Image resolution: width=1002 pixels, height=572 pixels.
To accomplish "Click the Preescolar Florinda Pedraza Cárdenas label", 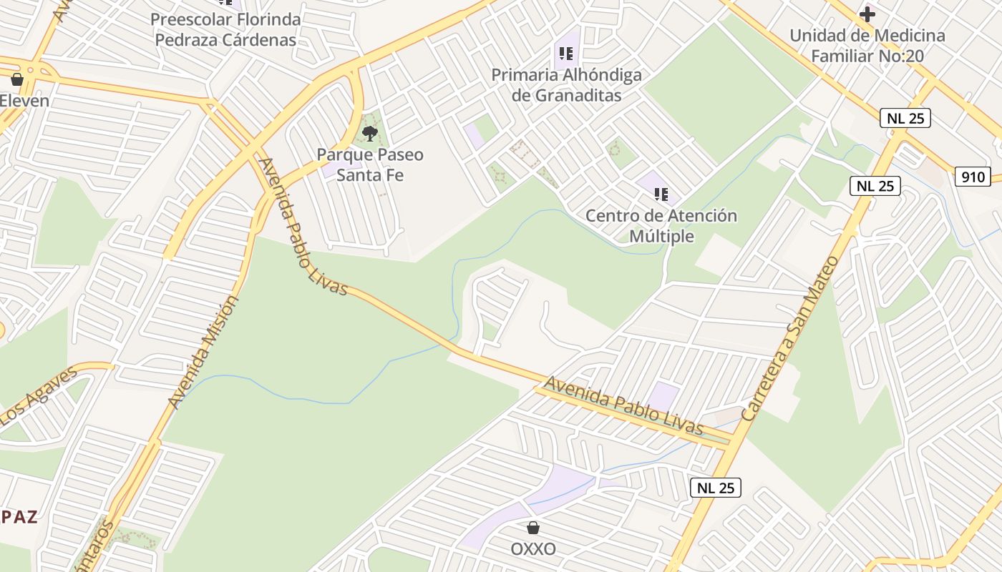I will tap(226, 29).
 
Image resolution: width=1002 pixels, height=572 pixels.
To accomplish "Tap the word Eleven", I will tap(24, 100).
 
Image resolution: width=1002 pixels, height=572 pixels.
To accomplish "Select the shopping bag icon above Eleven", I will tap(17, 79).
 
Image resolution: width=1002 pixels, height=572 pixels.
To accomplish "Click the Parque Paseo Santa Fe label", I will tap(370, 164).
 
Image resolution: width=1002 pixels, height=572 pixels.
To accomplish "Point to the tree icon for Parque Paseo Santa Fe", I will tap(370, 133).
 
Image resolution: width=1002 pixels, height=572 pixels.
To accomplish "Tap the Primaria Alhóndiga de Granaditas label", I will tap(566, 85).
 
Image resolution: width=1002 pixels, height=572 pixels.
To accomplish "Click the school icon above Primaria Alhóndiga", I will tap(566, 54).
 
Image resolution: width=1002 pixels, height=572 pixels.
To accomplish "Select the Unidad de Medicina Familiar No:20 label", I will tap(867, 45).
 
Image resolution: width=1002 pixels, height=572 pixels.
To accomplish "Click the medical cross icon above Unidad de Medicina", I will tap(867, 14).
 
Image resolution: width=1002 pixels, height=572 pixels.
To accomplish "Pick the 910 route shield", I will tap(973, 177).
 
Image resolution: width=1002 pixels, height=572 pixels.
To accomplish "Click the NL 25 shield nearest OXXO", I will tap(716, 488).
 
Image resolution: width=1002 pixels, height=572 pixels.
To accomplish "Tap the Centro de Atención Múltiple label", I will tap(661, 225).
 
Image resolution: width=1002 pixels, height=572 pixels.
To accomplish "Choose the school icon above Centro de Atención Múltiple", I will tap(661, 194).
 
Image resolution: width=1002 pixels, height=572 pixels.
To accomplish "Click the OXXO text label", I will tap(533, 549).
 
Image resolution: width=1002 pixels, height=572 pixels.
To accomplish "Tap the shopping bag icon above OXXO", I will tap(533, 528).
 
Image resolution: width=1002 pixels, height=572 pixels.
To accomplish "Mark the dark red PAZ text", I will tap(19, 518).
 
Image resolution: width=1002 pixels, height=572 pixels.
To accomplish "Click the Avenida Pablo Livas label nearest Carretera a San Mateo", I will tap(623, 405).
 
